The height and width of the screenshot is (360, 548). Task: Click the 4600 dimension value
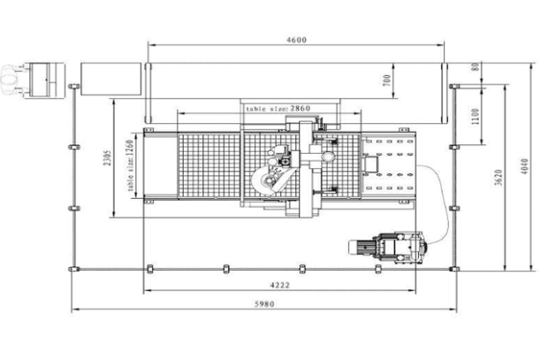tap(296, 40)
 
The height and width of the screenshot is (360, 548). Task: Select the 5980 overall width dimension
tap(264, 304)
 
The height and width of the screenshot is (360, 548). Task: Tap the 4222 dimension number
tap(280, 285)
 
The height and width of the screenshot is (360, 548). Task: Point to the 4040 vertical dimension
tap(524, 166)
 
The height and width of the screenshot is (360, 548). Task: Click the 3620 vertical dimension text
tap(499, 178)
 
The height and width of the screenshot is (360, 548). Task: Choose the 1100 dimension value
tap(476, 117)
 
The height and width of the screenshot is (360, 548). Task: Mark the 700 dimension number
tap(386, 80)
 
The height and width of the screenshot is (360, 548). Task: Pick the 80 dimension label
tap(476, 67)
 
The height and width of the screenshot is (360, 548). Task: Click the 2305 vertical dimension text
tap(108, 158)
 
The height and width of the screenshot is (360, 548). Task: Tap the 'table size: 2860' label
tap(278, 109)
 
